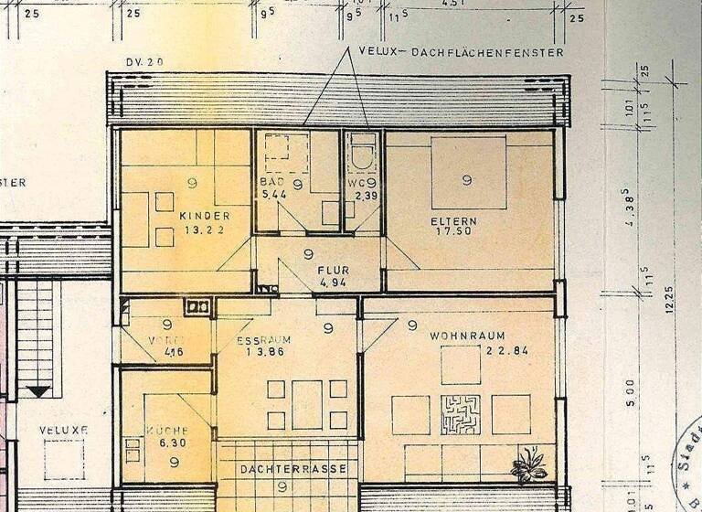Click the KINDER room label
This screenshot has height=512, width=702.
pyautogui.click(x=205, y=216)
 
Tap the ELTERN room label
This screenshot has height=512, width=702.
pyautogui.click(x=454, y=221)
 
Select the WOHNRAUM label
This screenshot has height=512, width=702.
pyautogui.click(x=467, y=336)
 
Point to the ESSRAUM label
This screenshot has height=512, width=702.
pyautogui.click(x=263, y=340)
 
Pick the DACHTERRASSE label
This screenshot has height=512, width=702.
pyautogui.click(x=293, y=469)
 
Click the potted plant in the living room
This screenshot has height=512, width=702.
pyautogui.click(x=528, y=465)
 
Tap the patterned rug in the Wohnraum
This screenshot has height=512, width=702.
pyautogui.click(x=460, y=414)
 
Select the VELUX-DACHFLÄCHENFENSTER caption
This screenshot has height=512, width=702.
pyautogui.click(x=462, y=53)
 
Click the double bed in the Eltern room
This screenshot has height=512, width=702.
pyautogui.click(x=468, y=173)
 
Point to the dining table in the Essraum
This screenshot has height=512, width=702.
pyautogui.click(x=307, y=404)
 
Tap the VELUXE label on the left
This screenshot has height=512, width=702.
pyautogui.click(x=64, y=430)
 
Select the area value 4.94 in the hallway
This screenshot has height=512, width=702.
pyautogui.click(x=331, y=283)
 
